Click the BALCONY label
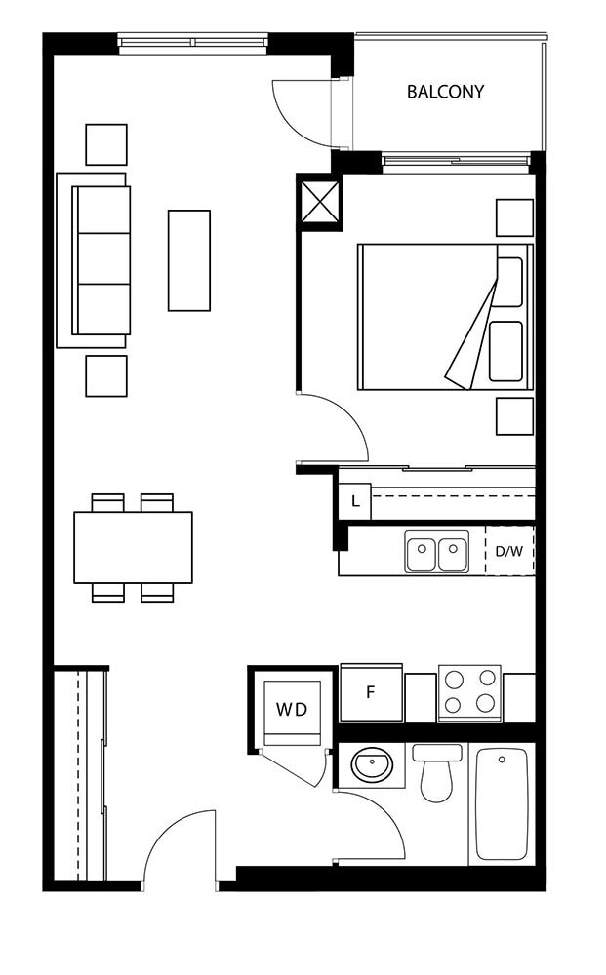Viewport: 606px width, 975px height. coord(445,92)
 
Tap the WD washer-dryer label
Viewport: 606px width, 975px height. coord(292,709)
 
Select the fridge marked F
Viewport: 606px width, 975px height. coord(372,692)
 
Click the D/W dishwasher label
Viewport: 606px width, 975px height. coord(509,551)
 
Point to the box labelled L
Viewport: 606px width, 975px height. coord(354,500)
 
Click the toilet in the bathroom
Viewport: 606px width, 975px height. coord(437,773)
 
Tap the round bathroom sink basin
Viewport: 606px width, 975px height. coord(372,764)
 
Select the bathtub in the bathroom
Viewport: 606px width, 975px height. coord(502,803)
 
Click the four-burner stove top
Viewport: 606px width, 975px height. coord(469,692)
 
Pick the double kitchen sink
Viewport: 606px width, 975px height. coord(437,552)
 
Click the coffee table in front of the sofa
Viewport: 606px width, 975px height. coord(189,260)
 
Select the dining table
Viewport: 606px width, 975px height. coord(133,547)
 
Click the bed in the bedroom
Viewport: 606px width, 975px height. coord(446,317)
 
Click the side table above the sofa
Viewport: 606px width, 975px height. coord(106,144)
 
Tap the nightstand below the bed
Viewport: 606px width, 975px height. coord(514,416)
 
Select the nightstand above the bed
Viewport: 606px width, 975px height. coord(514,217)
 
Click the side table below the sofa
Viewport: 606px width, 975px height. coord(106,375)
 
